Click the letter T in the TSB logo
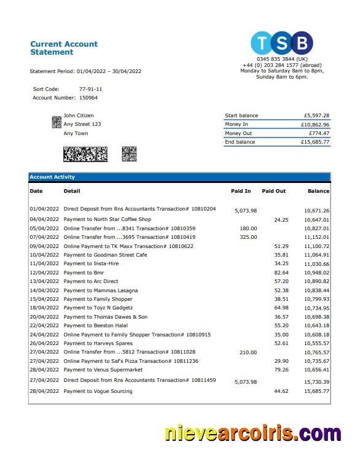[262, 44]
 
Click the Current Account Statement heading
[64, 48]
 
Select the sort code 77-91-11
[90, 89]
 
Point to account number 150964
[88, 98]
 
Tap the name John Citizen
[79, 115]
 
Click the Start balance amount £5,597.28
[316, 115]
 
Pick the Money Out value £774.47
[319, 133]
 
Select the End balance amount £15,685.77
[315, 142]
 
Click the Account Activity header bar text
[52, 177]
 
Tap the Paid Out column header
[273, 191]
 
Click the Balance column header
[318, 191]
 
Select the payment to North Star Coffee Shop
[107, 219]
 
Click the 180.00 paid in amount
[248, 228]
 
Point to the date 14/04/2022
[44, 290]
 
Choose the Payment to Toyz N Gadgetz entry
[98, 308]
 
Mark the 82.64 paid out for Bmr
[281, 273]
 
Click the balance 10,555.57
[316, 343]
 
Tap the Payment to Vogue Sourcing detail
[98, 391]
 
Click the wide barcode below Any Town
[85, 153]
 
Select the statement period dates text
[109, 71]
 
